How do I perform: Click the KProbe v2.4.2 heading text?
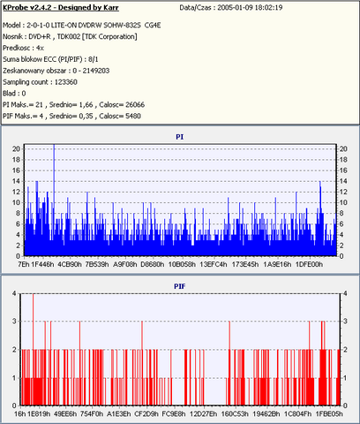(x=61, y=8)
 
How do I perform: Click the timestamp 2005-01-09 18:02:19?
(x=250, y=8)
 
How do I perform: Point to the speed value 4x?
(x=40, y=48)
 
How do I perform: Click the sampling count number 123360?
(x=66, y=82)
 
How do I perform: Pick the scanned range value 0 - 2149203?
(x=91, y=71)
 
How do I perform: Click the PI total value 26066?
(x=135, y=105)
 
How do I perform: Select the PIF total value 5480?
(x=133, y=116)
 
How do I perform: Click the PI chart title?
(x=180, y=137)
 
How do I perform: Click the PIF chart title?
(x=180, y=286)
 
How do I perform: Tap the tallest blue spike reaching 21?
(x=54, y=200)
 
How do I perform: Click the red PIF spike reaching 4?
(x=33, y=349)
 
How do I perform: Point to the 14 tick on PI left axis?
(x=16, y=181)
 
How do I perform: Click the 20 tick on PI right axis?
(x=343, y=149)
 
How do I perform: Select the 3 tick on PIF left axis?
(x=14, y=322)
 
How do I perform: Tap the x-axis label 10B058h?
(x=182, y=264)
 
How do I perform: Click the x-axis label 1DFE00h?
(x=309, y=264)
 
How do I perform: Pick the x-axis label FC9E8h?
(x=174, y=414)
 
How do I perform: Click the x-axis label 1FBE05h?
(x=329, y=414)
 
